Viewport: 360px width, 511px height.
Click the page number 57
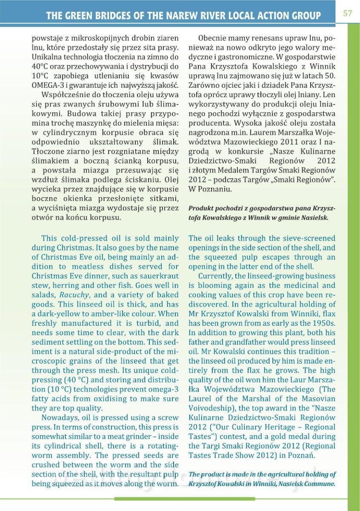click(x=347, y=13)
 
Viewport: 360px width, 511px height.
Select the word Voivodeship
click(x=211, y=408)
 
